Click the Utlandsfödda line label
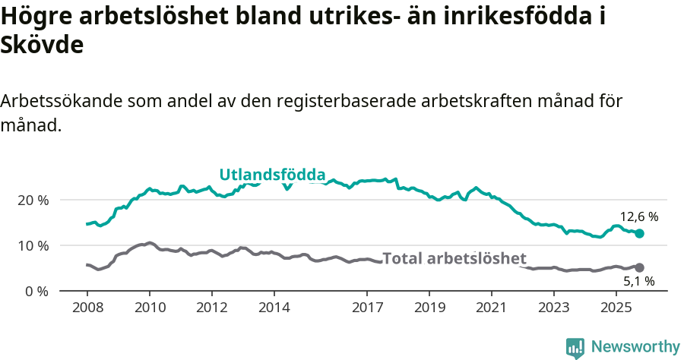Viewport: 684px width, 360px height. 272,175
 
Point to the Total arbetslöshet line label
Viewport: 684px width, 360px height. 454,258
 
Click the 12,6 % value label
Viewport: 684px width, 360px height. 638,216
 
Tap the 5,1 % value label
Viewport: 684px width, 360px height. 638,282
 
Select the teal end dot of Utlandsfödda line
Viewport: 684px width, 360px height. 639,234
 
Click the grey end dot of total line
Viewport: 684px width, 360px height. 639,267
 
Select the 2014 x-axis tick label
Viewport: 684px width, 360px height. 274,308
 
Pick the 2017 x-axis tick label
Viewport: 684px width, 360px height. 367,308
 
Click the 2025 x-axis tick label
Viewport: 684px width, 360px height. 616,308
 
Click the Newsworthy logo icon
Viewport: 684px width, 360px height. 575,347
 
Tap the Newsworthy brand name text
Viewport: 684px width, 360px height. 635,347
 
